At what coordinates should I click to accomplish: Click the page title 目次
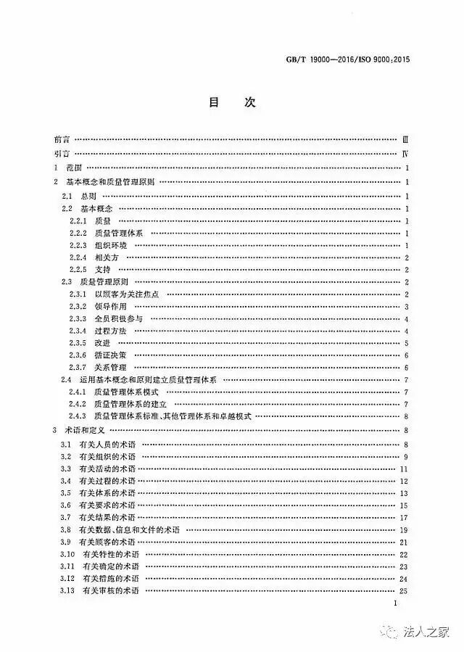pos(231,103)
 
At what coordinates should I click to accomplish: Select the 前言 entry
pos(62,139)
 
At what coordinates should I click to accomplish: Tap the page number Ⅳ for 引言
pos(406,154)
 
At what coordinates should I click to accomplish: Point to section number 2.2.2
pos(78,232)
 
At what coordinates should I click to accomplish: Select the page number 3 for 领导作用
pos(407,306)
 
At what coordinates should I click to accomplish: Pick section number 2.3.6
pos(78,355)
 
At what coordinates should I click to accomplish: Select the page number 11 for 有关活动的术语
pos(405,469)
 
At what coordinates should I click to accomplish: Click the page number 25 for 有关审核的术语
pos(405,592)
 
